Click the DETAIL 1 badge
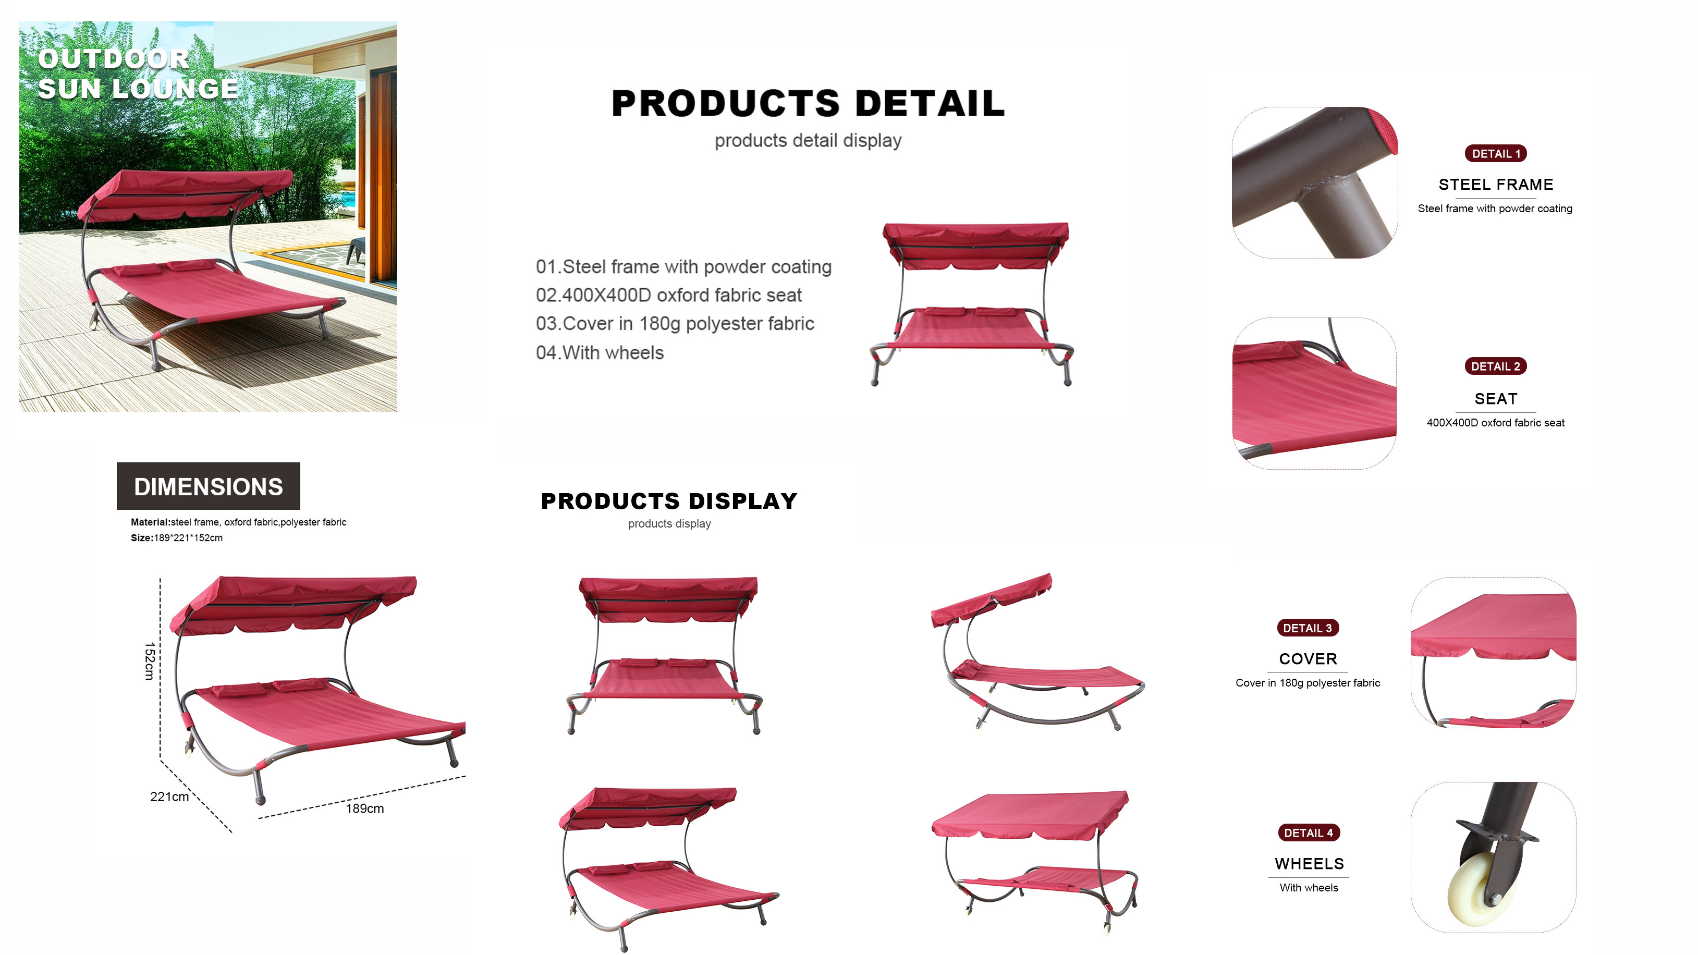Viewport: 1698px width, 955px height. point(1495,154)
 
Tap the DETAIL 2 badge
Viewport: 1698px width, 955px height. point(1495,366)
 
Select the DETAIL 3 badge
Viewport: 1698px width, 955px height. point(1307,628)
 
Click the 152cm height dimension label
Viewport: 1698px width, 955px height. point(150,660)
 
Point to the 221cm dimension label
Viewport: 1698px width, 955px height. point(169,797)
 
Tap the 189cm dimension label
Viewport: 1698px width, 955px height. point(364,809)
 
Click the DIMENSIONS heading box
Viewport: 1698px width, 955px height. point(209,486)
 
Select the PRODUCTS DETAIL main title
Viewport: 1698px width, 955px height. point(808,103)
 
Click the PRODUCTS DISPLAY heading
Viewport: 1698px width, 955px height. point(669,501)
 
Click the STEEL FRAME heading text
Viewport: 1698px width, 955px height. point(1496,185)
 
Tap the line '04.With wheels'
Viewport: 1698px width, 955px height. point(600,352)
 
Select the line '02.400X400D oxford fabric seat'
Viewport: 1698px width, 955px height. point(669,295)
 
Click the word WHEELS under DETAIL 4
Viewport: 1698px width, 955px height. point(1309,864)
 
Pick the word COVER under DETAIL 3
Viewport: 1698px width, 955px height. point(1308,659)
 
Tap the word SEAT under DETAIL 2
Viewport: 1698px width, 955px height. point(1496,399)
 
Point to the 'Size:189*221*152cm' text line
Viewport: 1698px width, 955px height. point(177,538)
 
